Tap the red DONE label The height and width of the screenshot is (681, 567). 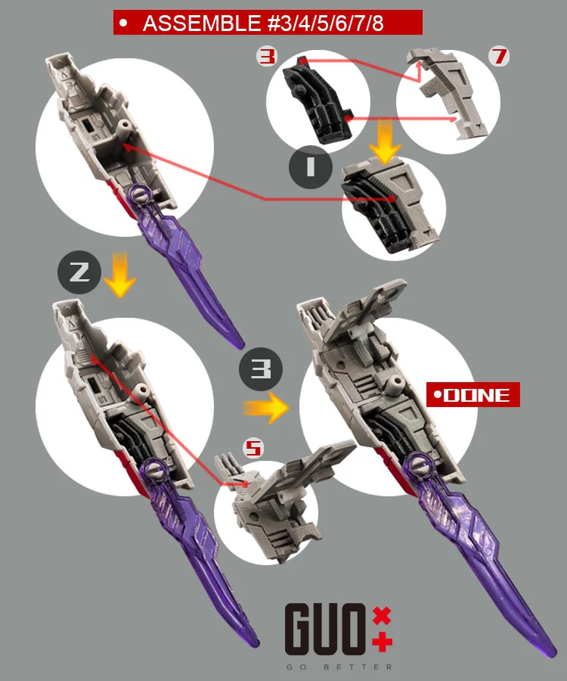click(472, 395)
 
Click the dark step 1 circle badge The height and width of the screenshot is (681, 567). click(310, 166)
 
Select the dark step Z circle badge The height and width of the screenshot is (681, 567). click(79, 272)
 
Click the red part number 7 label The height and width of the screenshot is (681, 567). click(499, 57)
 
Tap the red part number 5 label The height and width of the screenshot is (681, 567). click(253, 448)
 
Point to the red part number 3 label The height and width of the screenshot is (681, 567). click(266, 57)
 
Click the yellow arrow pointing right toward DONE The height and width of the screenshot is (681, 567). click(265, 408)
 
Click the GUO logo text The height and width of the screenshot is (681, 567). click(325, 630)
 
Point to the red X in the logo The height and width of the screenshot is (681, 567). click(382, 616)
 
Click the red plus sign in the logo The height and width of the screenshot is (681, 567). click(382, 642)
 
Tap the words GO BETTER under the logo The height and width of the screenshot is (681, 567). click(339, 667)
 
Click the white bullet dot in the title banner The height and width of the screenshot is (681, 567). click(124, 23)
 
